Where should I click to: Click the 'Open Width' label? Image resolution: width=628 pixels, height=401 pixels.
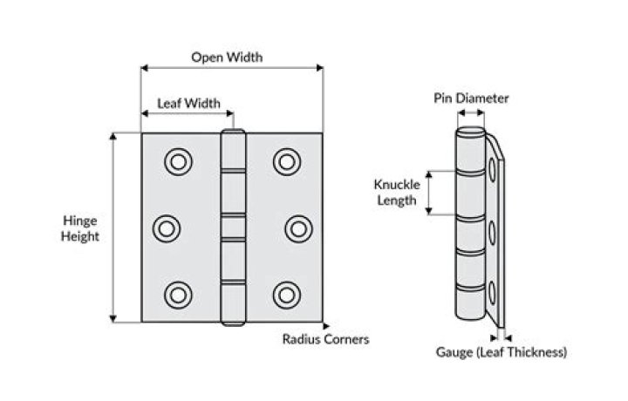227,58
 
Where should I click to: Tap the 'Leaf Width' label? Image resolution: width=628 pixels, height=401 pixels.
188,103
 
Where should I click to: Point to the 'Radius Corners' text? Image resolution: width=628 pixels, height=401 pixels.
325,339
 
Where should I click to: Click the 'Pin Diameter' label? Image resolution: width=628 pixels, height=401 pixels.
471,99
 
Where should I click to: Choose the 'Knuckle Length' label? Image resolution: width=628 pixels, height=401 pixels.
397,192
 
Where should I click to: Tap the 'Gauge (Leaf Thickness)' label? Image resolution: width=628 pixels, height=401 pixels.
502,352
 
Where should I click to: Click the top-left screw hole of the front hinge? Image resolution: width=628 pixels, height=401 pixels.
178,161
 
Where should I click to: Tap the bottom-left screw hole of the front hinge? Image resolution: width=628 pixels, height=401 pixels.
178,295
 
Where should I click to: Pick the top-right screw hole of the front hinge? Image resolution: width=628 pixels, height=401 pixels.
286,161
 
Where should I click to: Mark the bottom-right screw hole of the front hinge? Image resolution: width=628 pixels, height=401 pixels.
286,295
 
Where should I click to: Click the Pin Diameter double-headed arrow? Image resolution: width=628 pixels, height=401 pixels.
471,114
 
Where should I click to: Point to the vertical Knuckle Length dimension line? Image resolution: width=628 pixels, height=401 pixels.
429,192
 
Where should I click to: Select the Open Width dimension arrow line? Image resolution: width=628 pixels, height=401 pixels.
232,69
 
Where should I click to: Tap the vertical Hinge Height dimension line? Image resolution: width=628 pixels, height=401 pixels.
112,228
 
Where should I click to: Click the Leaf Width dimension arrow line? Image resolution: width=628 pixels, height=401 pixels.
188,114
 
